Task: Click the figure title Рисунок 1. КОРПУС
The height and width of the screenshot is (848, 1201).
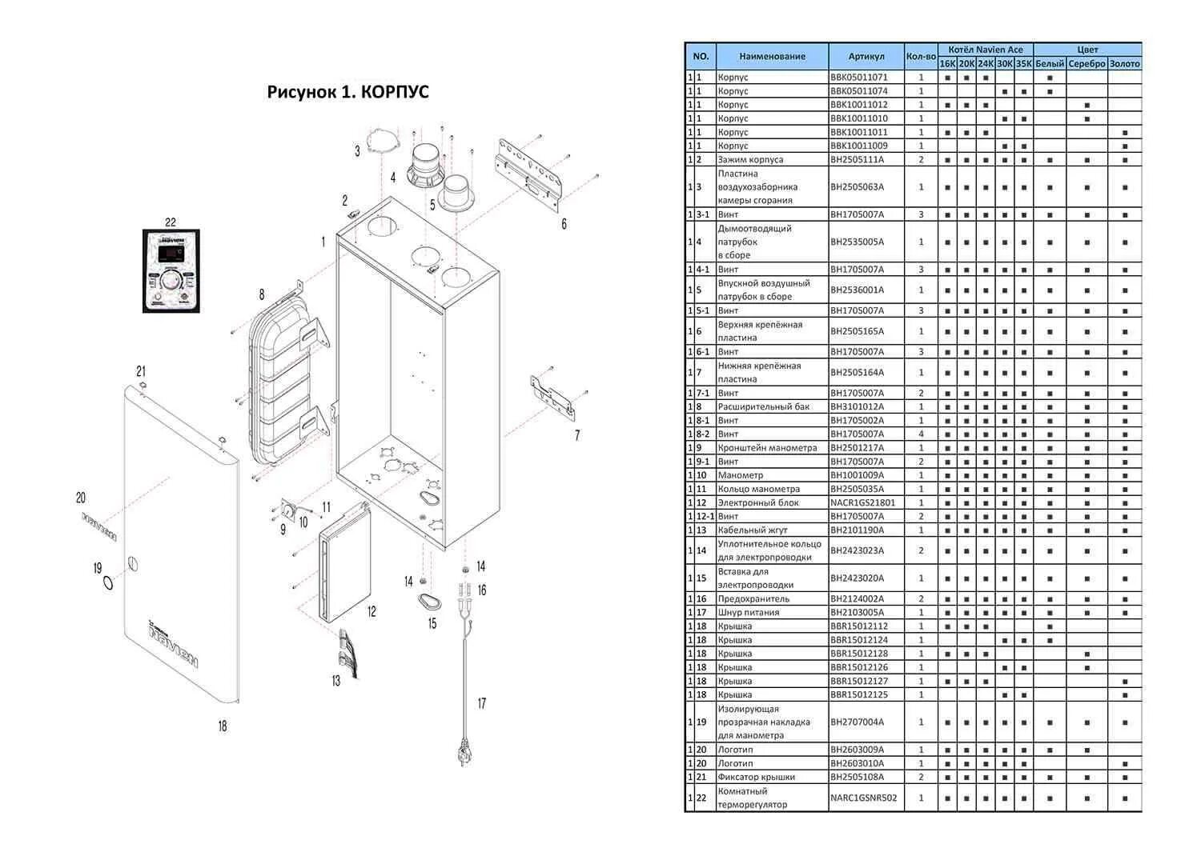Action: [x=347, y=92]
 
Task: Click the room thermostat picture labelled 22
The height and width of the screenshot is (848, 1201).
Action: [x=170, y=270]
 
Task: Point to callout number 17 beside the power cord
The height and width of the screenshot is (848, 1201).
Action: [x=481, y=704]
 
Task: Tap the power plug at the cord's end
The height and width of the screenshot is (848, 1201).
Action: [x=464, y=754]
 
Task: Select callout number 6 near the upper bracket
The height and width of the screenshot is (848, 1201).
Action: [x=564, y=224]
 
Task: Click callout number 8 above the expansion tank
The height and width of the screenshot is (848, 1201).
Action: [x=261, y=294]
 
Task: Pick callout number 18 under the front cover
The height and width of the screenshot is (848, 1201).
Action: [x=223, y=726]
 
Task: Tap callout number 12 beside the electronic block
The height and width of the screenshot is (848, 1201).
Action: [x=372, y=612]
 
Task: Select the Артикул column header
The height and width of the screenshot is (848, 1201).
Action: [x=866, y=57]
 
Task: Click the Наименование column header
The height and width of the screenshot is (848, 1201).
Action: [x=772, y=57]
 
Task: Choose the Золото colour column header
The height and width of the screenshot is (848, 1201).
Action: [x=1124, y=64]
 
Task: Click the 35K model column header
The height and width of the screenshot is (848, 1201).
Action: [x=1023, y=64]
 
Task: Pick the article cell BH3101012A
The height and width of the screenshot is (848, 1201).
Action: [x=858, y=406]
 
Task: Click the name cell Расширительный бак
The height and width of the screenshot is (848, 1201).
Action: [x=763, y=406]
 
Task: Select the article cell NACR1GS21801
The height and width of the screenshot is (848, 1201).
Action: [x=862, y=502]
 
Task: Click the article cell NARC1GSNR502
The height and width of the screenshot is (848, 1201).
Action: [x=863, y=798]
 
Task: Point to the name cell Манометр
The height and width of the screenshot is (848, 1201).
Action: [x=740, y=475]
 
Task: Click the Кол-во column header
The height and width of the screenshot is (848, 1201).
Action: [x=921, y=57]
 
